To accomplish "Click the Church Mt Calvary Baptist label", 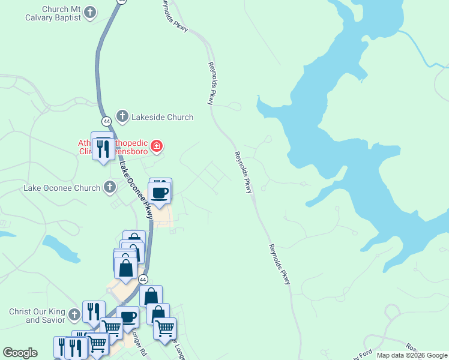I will click(x=61, y=14).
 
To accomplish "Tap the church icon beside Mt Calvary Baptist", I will click(x=90, y=13).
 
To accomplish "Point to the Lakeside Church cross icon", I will click(x=122, y=116).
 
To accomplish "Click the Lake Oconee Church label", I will click(x=62, y=188).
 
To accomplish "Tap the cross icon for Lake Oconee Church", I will click(x=109, y=188).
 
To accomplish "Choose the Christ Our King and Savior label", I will click(x=37, y=316).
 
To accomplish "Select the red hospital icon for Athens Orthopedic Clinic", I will click(x=157, y=146).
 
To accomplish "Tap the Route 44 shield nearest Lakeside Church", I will click(x=106, y=121).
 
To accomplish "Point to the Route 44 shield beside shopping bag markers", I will click(x=143, y=279).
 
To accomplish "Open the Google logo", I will click(x=20, y=353).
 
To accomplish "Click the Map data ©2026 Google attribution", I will click(x=412, y=355).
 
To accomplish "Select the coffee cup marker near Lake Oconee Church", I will click(x=160, y=193).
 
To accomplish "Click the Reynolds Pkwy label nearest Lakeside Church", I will click(x=211, y=83).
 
